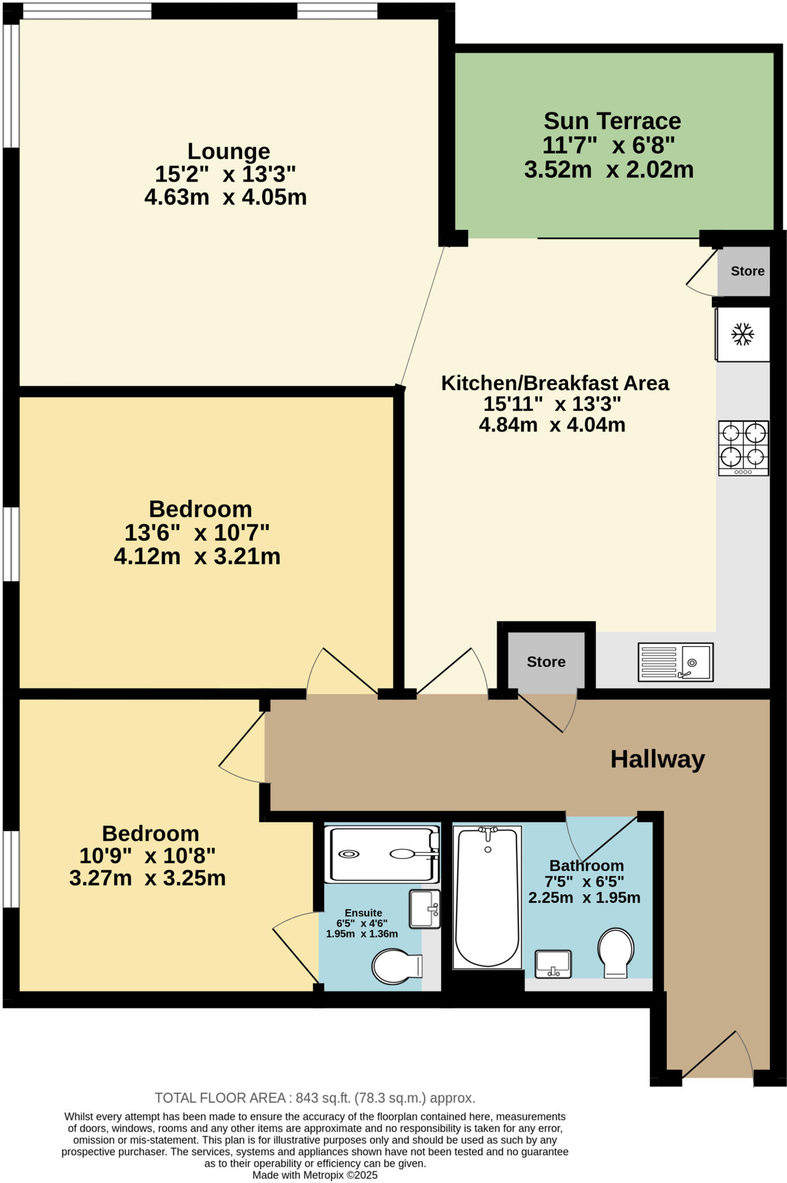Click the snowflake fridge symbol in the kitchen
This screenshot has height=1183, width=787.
coord(743,334)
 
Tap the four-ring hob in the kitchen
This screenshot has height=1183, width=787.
coord(743,448)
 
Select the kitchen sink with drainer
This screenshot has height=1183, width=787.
coord(675,662)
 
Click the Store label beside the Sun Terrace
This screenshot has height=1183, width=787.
coord(747,271)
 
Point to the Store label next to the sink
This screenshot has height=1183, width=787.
coord(545,662)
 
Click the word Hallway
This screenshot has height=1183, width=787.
coord(658,759)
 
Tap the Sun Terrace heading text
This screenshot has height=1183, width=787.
coord(612,121)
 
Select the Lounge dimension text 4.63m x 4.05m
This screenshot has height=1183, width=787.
coord(225,198)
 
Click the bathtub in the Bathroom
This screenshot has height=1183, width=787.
coord(487,897)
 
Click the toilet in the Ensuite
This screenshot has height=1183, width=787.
coord(396,967)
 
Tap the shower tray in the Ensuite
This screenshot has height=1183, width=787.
coord(382,854)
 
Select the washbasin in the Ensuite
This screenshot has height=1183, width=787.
coord(425,909)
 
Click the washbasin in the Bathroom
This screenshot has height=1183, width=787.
coord(553,963)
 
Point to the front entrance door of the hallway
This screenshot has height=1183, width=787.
coord(717,1056)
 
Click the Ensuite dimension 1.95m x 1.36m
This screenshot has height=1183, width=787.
coord(362,934)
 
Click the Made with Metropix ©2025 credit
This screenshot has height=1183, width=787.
coord(315,1175)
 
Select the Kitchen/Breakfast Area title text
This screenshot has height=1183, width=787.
coord(555,383)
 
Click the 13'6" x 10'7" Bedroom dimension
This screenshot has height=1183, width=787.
coord(197,533)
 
